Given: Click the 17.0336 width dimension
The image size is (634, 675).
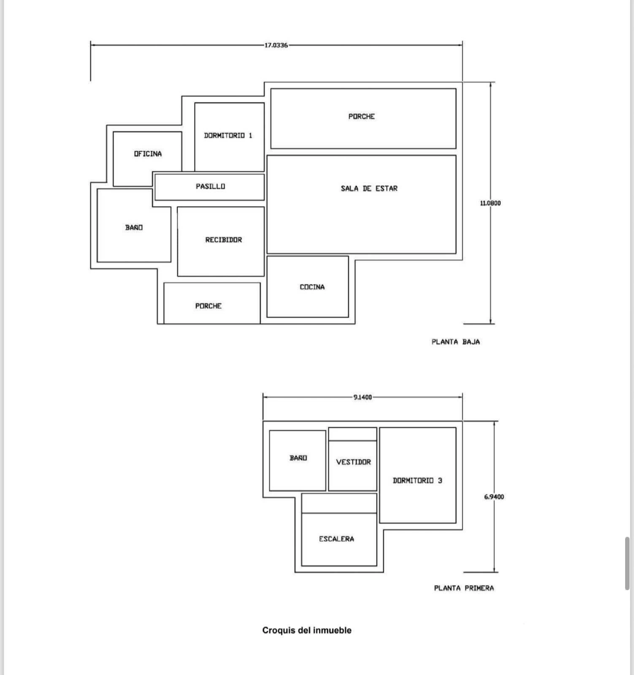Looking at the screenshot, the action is tap(276, 45).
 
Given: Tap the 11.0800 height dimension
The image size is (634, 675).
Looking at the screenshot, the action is tap(490, 203).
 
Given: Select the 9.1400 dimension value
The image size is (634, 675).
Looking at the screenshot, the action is tap(363, 397).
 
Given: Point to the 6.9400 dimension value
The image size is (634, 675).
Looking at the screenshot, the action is tap(494, 497).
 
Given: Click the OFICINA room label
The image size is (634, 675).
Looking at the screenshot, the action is tap(148, 154).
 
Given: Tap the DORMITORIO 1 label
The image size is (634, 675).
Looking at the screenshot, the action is tap(228, 135).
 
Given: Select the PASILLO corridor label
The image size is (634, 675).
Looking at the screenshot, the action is tap(210, 186).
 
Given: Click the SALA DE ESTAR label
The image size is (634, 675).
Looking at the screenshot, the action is tap(369, 188).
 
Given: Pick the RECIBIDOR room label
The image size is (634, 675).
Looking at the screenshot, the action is tap(224, 240).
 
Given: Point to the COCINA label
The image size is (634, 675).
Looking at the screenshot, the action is tap(312, 287).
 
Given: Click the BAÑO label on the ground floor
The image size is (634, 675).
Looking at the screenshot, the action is tap(134, 227).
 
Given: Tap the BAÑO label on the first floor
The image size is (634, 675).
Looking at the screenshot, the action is tap(298, 458).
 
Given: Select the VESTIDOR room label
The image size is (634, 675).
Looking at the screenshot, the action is tap(353, 462).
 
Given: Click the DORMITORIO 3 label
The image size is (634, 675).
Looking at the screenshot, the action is tap(417, 481).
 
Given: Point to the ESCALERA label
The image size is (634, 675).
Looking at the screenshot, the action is tap(336, 539).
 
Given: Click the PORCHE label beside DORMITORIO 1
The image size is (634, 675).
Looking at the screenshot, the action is tap(362, 116).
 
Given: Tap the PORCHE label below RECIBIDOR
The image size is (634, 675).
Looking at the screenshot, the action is tap(209, 306).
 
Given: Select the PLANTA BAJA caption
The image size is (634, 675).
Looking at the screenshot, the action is tap(456, 342).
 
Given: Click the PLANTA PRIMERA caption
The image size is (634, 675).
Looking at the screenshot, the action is tap(464, 588).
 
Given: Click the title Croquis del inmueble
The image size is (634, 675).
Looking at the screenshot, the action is tap(307, 630).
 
